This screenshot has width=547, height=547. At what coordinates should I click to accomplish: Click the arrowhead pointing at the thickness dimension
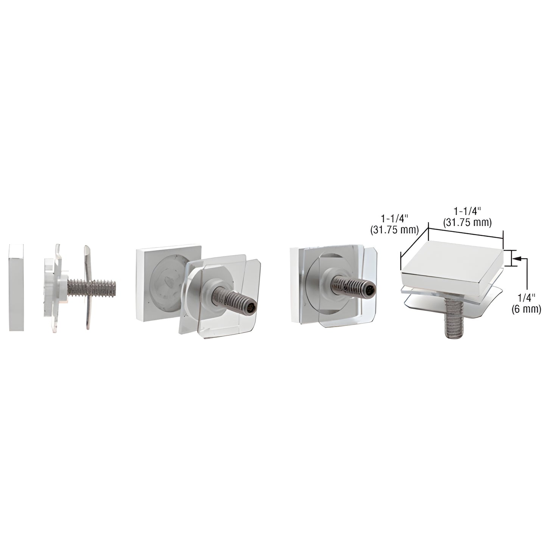click(516, 259)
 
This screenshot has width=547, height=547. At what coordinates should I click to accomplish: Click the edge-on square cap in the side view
click(16, 287)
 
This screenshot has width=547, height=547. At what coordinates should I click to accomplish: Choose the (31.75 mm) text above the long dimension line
click(468, 223)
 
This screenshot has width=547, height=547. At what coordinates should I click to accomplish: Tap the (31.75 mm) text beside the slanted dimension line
click(394, 230)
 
